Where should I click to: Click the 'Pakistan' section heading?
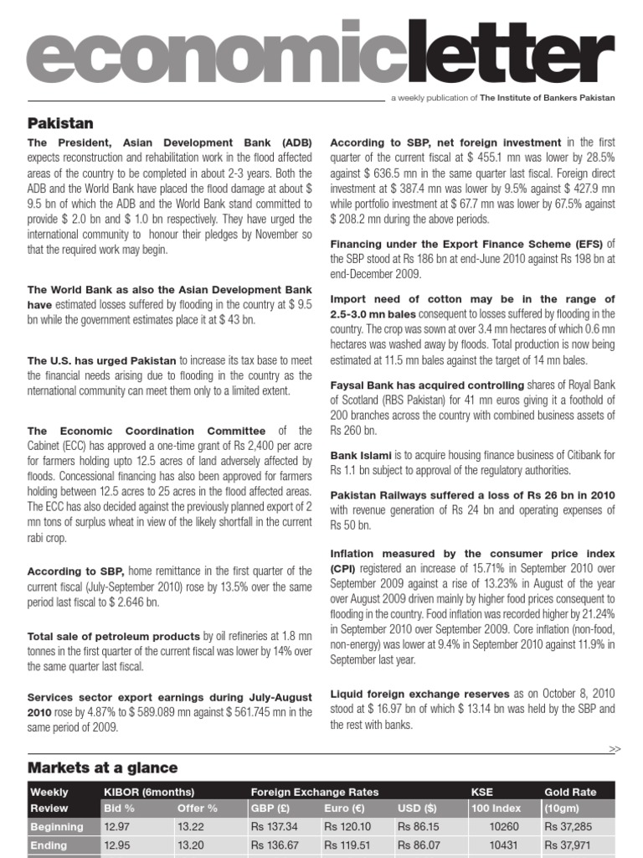coord(60,124)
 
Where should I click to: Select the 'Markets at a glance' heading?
coord(102,768)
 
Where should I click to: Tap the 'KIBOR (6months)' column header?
coord(149,792)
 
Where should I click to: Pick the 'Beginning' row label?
coord(57,827)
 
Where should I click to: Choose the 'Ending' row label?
coord(49,845)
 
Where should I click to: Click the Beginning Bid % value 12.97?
coord(117,827)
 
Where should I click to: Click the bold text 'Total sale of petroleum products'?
coord(114,637)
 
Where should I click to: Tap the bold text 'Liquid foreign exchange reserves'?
coord(419,694)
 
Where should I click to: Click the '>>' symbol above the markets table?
coord(615,748)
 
